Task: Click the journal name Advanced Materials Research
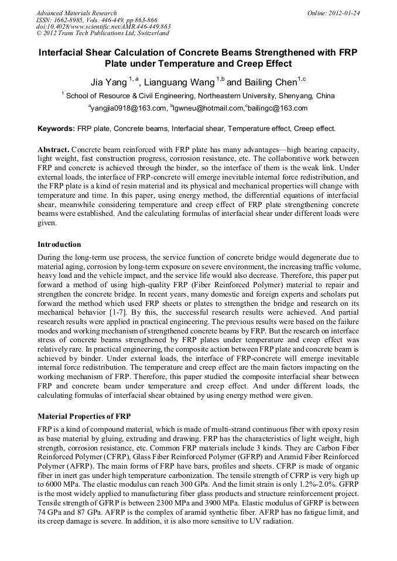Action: (76, 13)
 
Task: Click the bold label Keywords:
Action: (56, 128)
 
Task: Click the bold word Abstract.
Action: (54, 150)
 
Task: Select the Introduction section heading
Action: (59, 244)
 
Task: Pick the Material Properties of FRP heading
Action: (84, 417)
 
